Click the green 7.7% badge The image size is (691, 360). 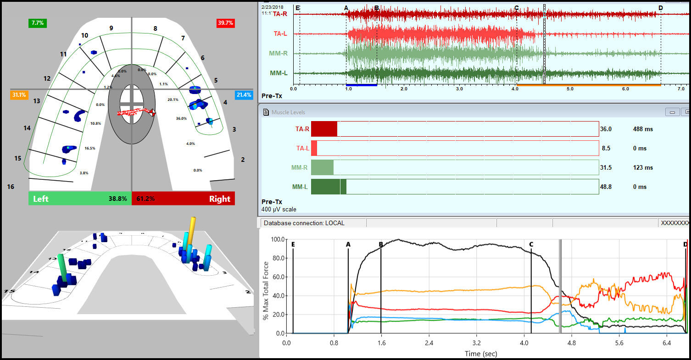click(37, 22)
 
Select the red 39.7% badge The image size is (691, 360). click(225, 23)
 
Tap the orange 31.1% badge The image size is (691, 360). click(19, 95)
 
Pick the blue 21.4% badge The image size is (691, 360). click(244, 95)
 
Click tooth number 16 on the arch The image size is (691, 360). click(11, 187)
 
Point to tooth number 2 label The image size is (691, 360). click(243, 160)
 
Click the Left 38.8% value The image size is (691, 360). click(117, 199)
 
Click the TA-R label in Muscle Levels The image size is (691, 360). click(302, 129)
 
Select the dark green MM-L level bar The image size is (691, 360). click(328, 187)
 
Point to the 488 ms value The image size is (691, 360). click(642, 129)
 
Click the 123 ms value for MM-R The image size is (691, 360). click(642, 168)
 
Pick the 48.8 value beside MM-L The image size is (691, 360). click(606, 187)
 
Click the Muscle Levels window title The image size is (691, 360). click(288, 112)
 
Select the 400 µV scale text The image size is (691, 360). click(279, 210)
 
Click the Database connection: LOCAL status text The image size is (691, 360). click(303, 223)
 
